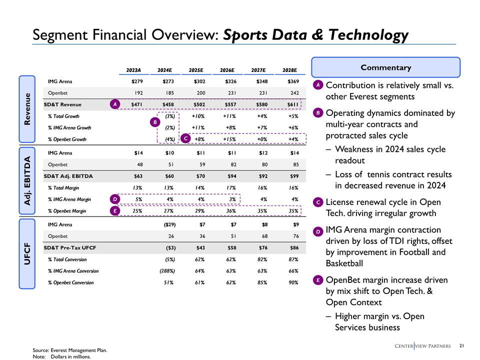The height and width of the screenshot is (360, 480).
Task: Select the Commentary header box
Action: pos(385,67)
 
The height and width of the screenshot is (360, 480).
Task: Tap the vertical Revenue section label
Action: pos(27,108)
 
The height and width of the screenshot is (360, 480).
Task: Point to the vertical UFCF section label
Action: pos(27,253)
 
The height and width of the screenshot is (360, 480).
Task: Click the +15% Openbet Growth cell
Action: pos(229,139)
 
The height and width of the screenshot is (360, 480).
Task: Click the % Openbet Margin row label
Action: pos(67,211)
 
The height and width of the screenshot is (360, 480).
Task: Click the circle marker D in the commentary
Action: pos(318,232)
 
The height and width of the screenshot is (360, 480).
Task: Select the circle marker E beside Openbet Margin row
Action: pos(115,211)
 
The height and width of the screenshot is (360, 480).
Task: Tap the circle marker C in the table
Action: pos(185,138)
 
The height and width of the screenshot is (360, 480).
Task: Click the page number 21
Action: pos(461,345)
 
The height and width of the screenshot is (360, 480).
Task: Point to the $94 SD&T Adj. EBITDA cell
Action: pos(231,176)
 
